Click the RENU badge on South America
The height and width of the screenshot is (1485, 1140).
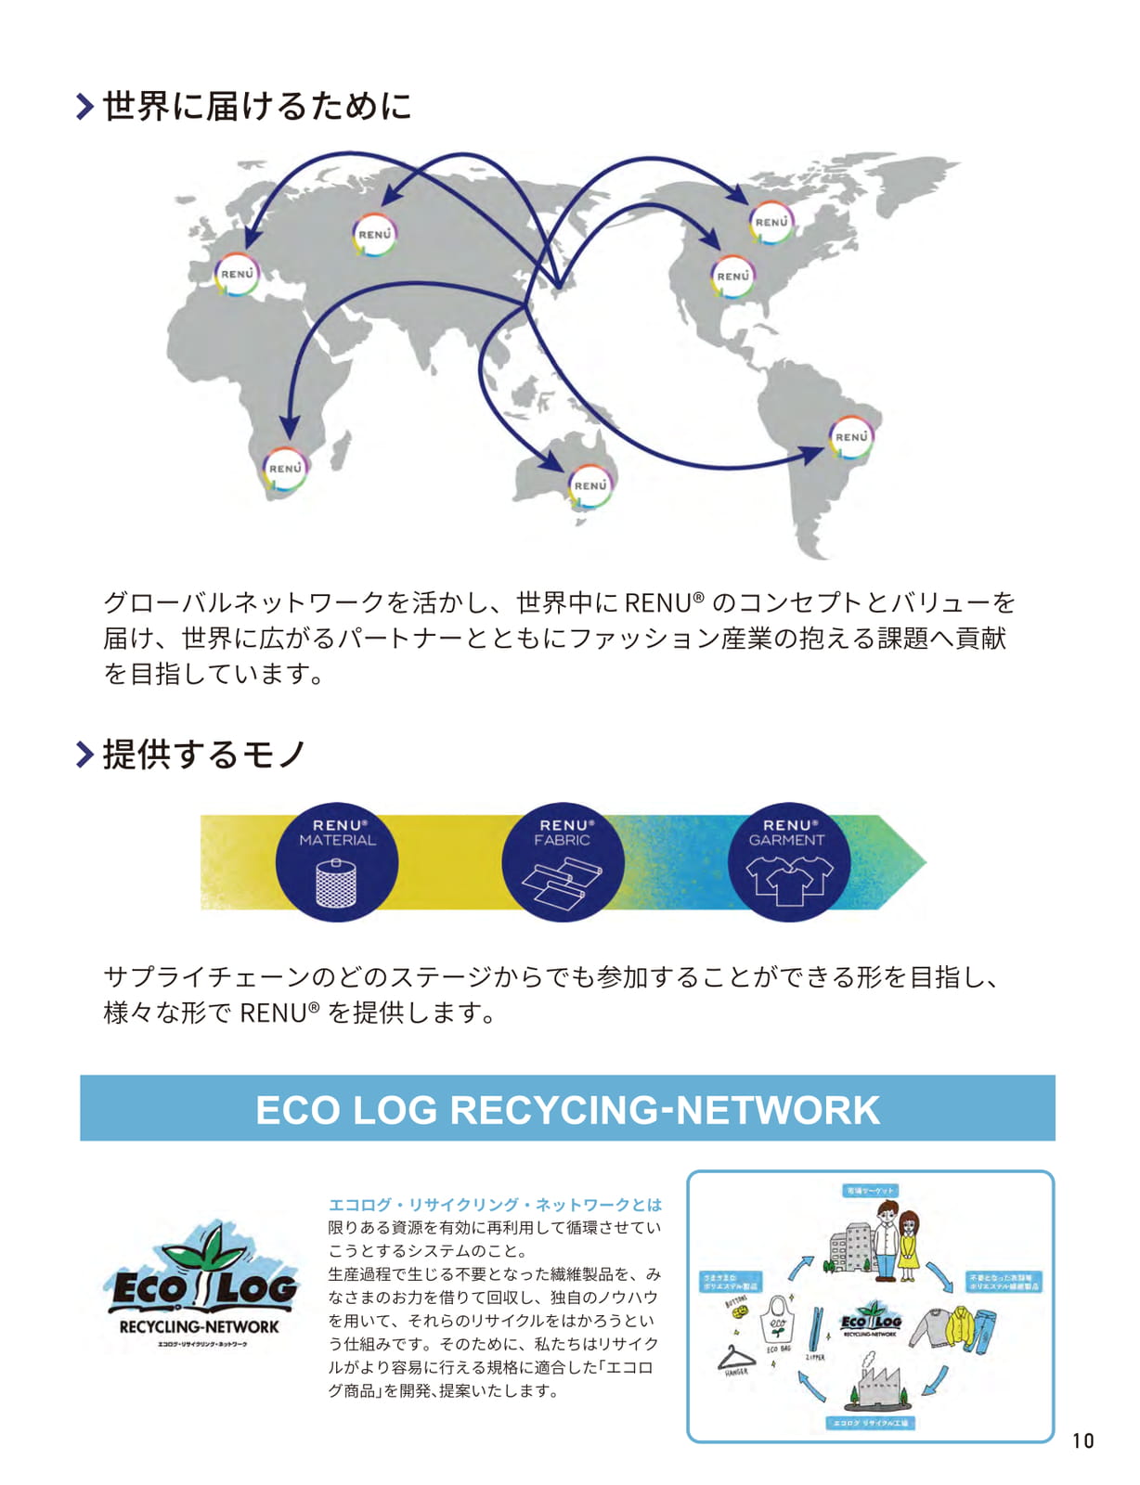[x=850, y=437]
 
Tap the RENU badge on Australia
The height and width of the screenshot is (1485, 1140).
[x=589, y=485]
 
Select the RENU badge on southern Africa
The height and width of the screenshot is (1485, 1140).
[x=285, y=469]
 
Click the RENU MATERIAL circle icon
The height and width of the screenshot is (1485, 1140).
[x=337, y=862]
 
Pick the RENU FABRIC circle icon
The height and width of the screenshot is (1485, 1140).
[x=563, y=862]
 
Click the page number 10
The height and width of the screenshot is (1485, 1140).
[x=1082, y=1440]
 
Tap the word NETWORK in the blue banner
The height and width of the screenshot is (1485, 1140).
[x=778, y=1110]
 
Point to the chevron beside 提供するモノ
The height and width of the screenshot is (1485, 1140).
[x=84, y=755]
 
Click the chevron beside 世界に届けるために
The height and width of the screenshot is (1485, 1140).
[x=84, y=106]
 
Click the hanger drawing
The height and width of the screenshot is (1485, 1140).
[x=735, y=1358]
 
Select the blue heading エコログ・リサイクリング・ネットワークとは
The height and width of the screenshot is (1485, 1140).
[x=495, y=1205]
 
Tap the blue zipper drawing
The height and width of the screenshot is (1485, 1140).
[x=816, y=1329]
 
